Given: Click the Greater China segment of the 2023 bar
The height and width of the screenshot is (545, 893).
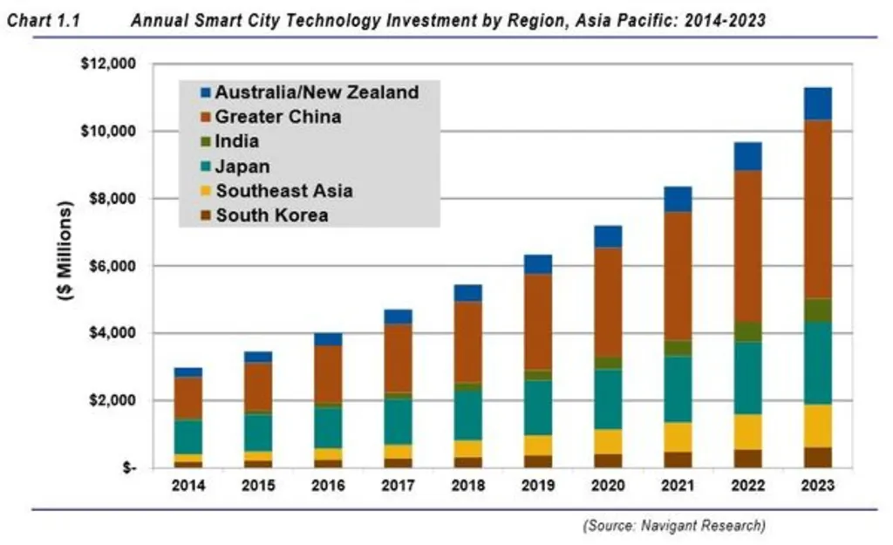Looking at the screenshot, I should click(817, 209).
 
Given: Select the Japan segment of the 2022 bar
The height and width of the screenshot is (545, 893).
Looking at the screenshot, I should click(746, 378).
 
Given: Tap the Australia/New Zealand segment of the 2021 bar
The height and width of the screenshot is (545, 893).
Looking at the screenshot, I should click(677, 199).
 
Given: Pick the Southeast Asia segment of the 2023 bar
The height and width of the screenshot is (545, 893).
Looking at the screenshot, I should click(817, 426).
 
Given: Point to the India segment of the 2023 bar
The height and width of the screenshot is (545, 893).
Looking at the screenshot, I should click(817, 310).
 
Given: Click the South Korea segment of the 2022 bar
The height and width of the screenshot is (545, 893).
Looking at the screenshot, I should click(746, 458).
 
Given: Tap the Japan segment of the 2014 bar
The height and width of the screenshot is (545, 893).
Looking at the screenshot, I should click(187, 437).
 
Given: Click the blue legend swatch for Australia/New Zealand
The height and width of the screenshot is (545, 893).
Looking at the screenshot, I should click(205, 92).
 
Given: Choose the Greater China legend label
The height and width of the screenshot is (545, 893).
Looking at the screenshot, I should click(278, 116).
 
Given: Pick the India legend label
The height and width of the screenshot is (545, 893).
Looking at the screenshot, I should click(236, 140).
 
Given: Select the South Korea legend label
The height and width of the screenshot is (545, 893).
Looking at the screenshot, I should click(272, 215).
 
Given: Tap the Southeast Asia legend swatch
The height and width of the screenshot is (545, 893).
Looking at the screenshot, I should click(205, 191).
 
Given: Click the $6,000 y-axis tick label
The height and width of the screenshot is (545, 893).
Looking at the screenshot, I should click(111, 266).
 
